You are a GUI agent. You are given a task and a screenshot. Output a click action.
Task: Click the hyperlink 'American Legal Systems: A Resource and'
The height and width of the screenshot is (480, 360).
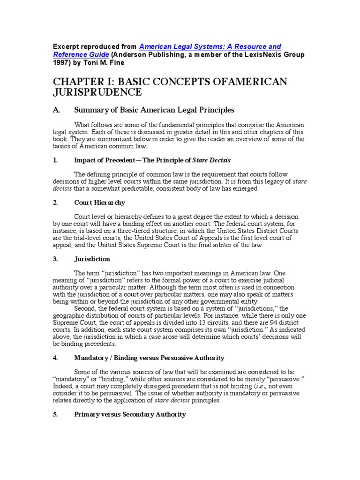click(210, 46)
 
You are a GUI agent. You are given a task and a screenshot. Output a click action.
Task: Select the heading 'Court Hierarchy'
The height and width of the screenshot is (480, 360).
click(99, 202)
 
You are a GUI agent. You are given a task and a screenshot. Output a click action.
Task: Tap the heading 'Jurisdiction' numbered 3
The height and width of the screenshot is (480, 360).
click(92, 259)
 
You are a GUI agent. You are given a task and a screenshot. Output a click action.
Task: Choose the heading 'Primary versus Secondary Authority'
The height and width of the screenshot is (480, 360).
click(130, 414)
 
